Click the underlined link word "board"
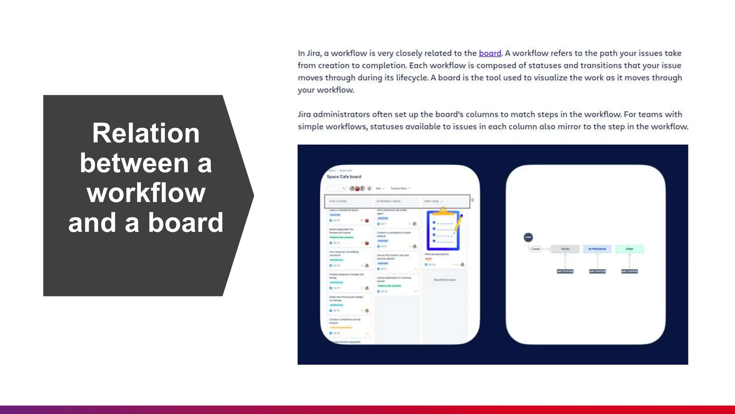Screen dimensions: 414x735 [x=490, y=53]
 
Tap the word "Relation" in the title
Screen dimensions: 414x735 [x=146, y=133]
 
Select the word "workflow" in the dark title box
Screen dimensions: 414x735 [x=146, y=193]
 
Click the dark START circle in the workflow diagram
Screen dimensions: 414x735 [x=528, y=237]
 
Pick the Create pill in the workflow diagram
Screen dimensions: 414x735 [x=535, y=249]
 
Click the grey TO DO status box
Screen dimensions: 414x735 [x=565, y=249]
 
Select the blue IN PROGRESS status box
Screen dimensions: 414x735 [x=597, y=249]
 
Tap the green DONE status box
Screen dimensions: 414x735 [x=629, y=249]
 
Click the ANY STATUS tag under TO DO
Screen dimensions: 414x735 [x=565, y=271]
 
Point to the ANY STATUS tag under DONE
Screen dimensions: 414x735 [x=629, y=271]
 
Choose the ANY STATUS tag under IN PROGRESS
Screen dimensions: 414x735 [x=597, y=271]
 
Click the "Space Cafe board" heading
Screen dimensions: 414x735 [x=344, y=177]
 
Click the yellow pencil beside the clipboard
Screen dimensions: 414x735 [x=459, y=223]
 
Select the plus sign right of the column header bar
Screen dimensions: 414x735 [x=472, y=200]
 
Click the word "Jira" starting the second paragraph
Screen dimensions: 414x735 [x=304, y=114]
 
